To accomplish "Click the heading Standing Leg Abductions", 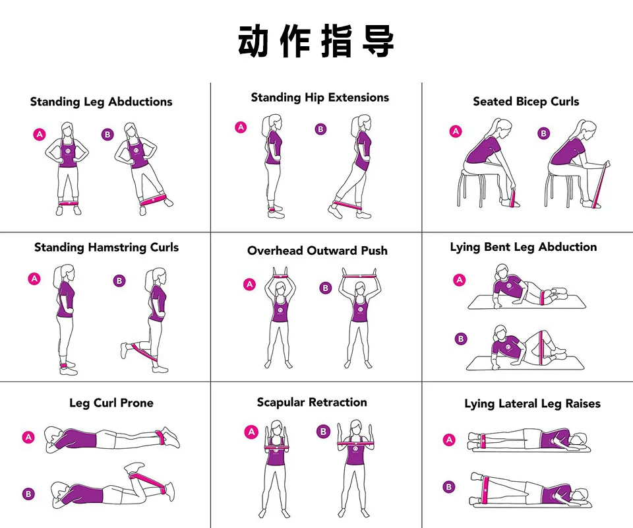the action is [x=101, y=102].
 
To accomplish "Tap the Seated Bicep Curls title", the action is [x=526, y=102].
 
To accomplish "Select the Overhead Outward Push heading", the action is [x=317, y=250].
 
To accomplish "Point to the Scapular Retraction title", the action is [x=312, y=403].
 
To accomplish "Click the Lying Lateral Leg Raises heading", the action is [x=532, y=403].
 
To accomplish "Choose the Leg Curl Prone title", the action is [x=111, y=403].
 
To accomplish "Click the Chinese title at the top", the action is [x=316, y=41].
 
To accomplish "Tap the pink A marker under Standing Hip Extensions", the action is [x=241, y=127].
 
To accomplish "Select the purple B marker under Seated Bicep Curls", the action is [x=544, y=133].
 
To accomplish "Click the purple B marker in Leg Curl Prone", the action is [x=28, y=494].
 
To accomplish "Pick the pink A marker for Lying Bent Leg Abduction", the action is [x=459, y=280].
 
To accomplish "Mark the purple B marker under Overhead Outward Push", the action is [x=325, y=288].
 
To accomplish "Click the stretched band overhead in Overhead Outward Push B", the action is [x=359, y=277].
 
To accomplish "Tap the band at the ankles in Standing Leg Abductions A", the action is [x=68, y=203].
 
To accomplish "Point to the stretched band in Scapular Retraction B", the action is [x=355, y=444].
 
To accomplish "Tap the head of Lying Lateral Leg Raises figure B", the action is [x=580, y=495].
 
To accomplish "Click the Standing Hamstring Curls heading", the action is [x=107, y=247].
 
